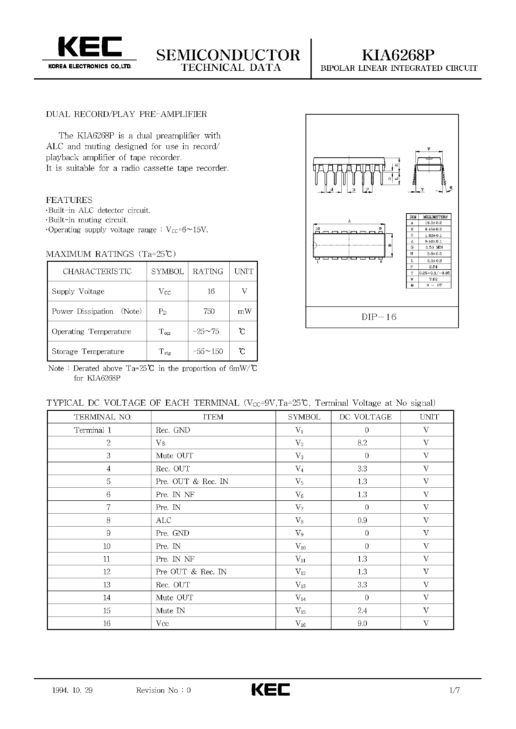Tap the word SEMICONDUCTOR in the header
[x=228, y=55]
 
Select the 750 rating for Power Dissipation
[x=209, y=311]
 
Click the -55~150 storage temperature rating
[x=208, y=351]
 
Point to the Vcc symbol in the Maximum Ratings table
[x=165, y=292]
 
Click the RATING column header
[x=208, y=271]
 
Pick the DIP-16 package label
[x=379, y=317]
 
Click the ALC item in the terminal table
[x=164, y=520]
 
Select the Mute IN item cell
[x=170, y=611]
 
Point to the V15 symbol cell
[x=300, y=611]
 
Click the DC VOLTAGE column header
[x=365, y=417]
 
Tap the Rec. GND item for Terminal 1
[x=173, y=430]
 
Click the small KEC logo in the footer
[x=271, y=690]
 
